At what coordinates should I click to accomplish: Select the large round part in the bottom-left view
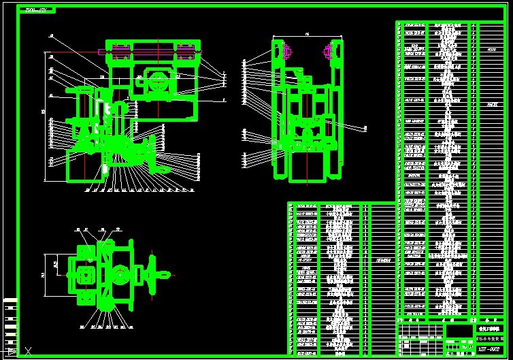(x=120, y=276)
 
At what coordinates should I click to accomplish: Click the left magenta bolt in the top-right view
(x=284, y=50)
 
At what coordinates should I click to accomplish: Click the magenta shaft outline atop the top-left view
(x=150, y=50)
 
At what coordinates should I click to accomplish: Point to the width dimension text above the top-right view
(x=307, y=33)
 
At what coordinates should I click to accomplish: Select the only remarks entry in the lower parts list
(x=382, y=260)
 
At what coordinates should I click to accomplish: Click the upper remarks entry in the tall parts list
(x=491, y=49)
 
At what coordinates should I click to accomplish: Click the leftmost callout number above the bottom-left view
(x=77, y=229)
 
